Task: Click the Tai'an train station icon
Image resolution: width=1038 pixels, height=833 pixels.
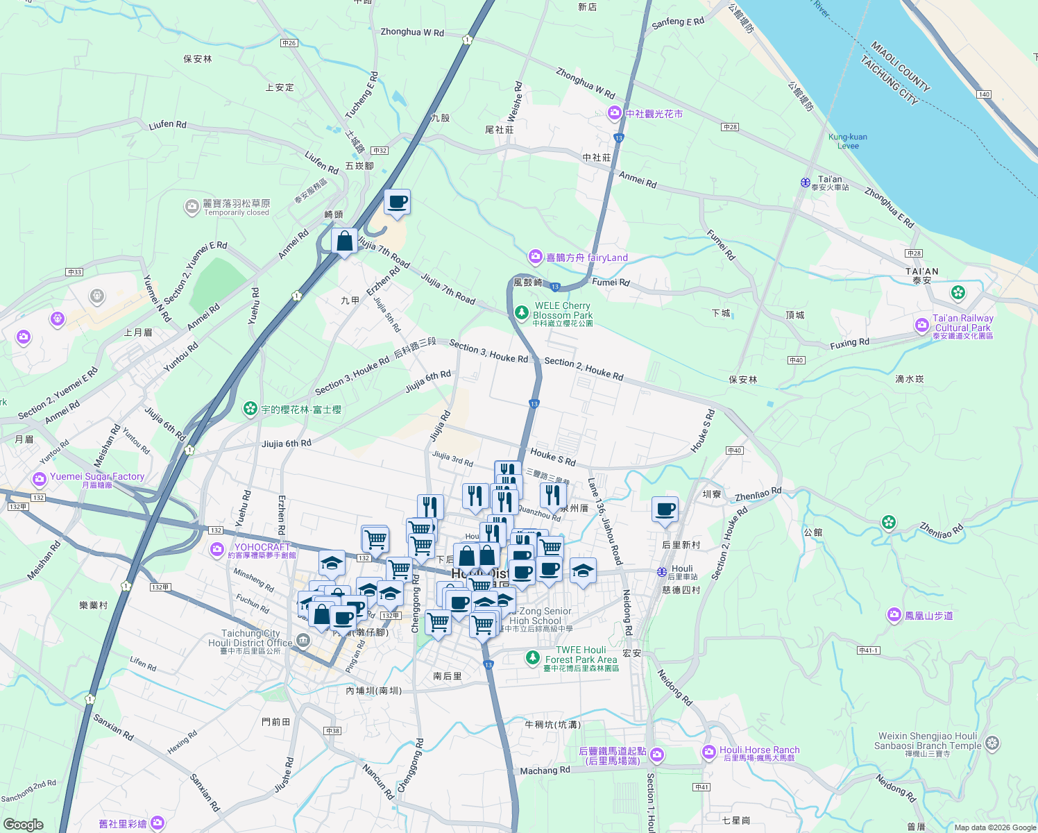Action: (805, 183)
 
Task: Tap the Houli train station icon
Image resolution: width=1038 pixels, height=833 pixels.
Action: (662, 572)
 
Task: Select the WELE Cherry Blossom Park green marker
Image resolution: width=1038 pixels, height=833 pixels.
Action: (522, 314)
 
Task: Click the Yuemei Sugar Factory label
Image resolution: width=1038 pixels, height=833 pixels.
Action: (97, 477)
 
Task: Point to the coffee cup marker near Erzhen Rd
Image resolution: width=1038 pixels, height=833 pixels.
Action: (397, 203)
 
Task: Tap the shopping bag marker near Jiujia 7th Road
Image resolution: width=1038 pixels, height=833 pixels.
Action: (344, 242)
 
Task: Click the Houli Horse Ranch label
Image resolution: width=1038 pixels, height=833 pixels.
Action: (759, 750)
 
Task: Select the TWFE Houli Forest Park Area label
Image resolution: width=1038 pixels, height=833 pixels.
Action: (581, 655)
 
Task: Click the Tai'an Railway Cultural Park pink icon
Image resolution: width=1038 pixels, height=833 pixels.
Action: (922, 325)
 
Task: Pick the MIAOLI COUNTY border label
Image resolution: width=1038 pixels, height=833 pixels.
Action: (900, 67)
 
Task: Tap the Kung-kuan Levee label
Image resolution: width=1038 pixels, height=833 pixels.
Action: (847, 141)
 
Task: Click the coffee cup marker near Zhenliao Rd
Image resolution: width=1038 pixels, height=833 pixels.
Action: (665, 510)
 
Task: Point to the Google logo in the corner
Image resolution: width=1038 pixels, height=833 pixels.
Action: (23, 824)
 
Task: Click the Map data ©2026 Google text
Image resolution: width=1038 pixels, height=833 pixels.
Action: (994, 827)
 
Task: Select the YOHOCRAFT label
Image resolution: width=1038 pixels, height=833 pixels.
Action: (262, 547)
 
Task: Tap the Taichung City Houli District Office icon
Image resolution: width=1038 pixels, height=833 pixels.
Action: (303, 641)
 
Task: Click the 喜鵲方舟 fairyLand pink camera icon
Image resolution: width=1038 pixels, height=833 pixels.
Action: (535, 258)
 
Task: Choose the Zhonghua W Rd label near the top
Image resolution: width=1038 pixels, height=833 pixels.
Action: (412, 32)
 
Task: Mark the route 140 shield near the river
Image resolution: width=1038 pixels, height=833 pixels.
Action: (984, 94)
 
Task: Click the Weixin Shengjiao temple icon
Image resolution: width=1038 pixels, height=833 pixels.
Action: (992, 743)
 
